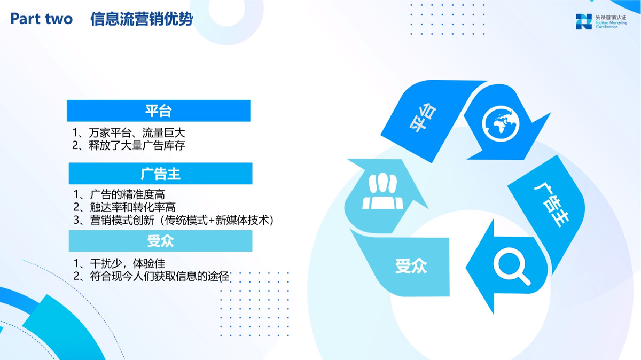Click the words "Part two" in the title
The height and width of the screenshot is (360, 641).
[x=42, y=19]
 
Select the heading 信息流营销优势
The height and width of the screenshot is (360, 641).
[x=142, y=19]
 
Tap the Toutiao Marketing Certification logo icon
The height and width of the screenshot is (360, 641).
[x=584, y=21]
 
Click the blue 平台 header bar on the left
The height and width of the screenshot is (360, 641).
[x=159, y=111]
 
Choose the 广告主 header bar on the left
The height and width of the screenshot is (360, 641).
[x=161, y=174]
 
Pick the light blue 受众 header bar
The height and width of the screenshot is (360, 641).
[x=161, y=241]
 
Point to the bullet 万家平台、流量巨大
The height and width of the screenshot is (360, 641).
[x=129, y=133]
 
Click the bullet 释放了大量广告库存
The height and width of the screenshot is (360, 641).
[x=129, y=145]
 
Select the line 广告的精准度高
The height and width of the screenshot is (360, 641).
[x=119, y=194]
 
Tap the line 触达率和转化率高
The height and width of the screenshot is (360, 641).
[x=124, y=207]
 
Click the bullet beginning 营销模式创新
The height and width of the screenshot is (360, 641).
[x=174, y=220]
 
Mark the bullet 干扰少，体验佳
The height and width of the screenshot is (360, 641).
[x=119, y=263]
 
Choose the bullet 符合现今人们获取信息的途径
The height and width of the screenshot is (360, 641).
[x=151, y=276]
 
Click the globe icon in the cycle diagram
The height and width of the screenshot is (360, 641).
[x=501, y=124]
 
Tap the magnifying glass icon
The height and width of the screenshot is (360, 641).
[x=512, y=267]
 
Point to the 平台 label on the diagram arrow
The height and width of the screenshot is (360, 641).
[x=423, y=118]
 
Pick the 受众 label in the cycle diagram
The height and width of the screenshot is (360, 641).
[x=411, y=266]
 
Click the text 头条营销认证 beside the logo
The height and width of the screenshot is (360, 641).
[x=611, y=18]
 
